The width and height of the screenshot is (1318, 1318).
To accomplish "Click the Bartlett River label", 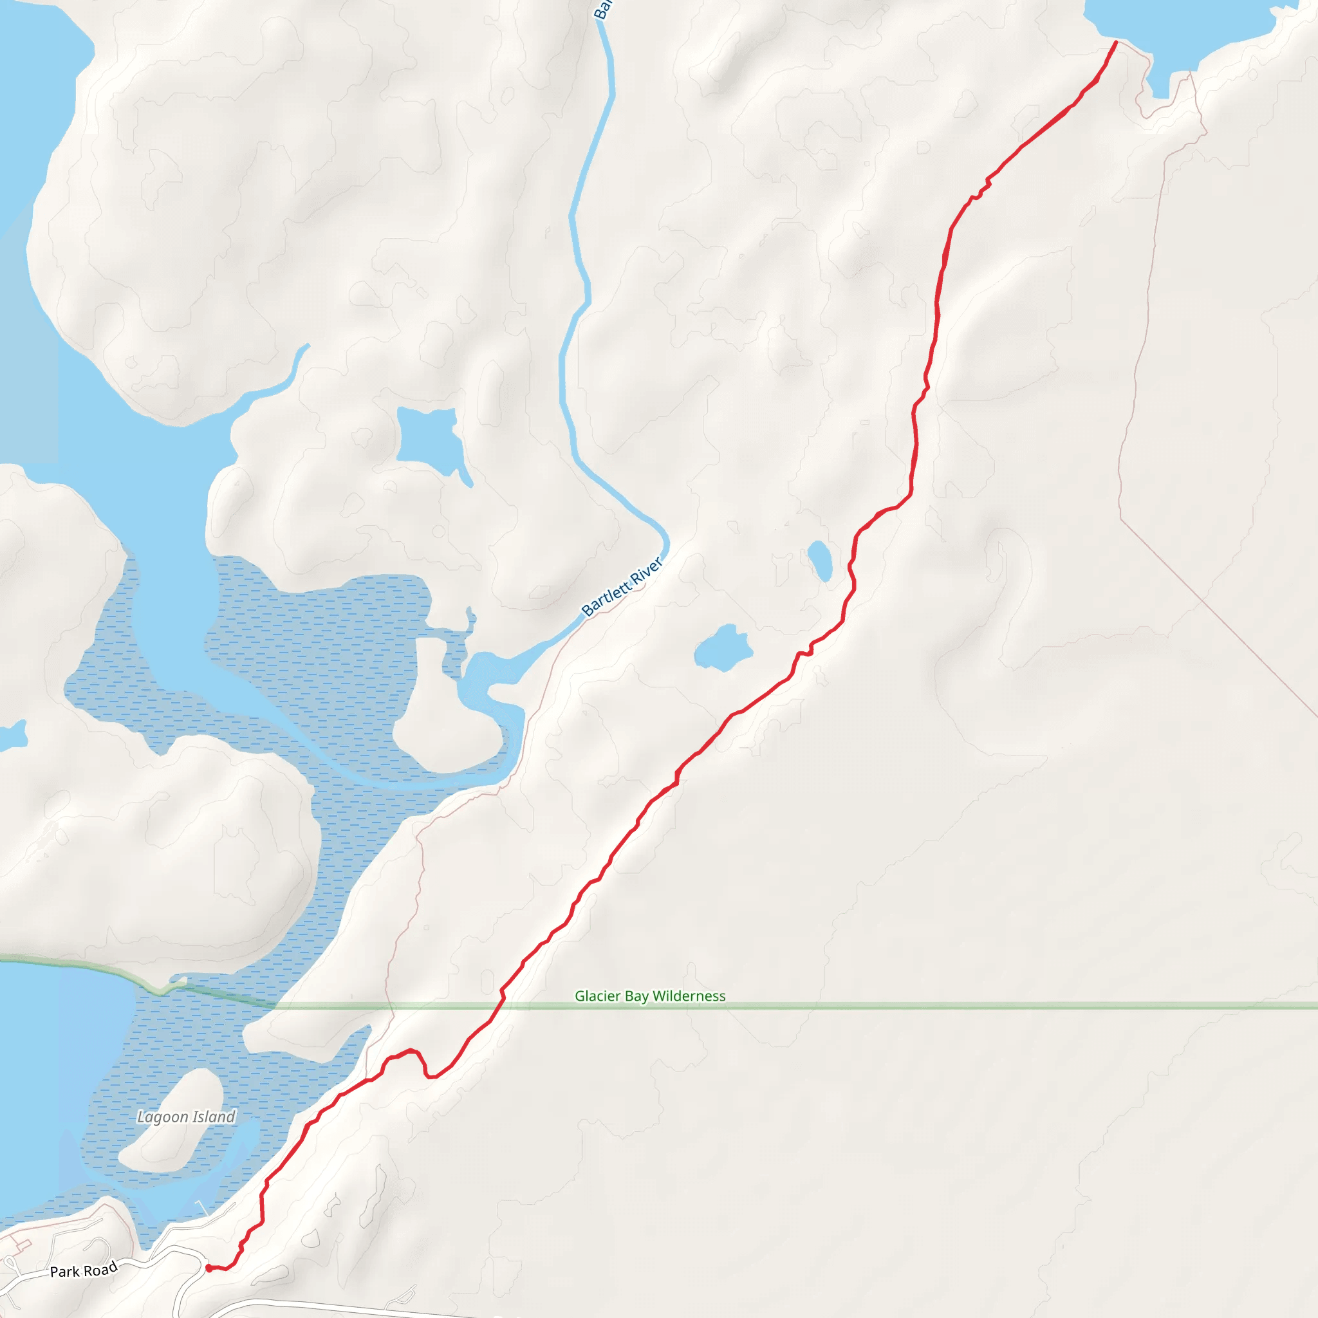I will [622, 587].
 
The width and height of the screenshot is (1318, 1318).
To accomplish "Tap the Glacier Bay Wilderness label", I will [649, 996].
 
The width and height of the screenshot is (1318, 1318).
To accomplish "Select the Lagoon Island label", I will [185, 1117].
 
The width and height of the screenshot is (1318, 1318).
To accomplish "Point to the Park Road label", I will [84, 1270].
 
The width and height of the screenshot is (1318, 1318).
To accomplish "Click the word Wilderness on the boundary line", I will [689, 996].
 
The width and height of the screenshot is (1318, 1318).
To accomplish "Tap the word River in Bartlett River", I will [645, 570].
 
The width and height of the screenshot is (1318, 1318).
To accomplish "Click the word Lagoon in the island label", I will [162, 1117].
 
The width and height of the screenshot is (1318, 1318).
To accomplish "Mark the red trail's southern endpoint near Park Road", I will [208, 1268].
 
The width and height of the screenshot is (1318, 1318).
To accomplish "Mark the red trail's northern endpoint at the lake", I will [1115, 42].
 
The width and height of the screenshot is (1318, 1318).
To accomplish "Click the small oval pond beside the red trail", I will [819, 560].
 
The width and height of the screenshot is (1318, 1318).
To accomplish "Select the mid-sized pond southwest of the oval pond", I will [722, 648].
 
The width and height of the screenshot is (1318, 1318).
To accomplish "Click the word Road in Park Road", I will [101, 1268].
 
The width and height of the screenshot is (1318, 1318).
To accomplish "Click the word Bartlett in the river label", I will [606, 598].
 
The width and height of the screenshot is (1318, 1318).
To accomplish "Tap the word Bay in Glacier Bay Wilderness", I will [636, 996].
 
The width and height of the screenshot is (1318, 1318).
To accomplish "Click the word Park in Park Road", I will [65, 1272].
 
